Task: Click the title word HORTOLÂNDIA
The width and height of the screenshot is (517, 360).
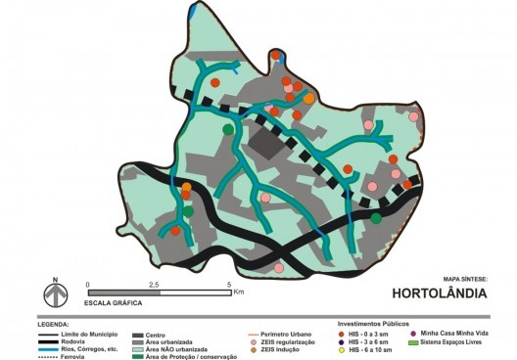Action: [x=439, y=292]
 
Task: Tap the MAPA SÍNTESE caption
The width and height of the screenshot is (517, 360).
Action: [x=464, y=278]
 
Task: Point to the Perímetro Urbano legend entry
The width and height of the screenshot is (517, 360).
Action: [x=281, y=335]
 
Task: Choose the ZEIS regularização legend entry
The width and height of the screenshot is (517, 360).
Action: [x=286, y=341]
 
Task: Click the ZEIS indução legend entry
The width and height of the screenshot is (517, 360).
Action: [x=278, y=348]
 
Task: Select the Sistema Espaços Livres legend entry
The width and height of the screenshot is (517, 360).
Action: [x=460, y=342]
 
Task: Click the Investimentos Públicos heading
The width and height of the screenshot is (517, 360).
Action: [x=373, y=324]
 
